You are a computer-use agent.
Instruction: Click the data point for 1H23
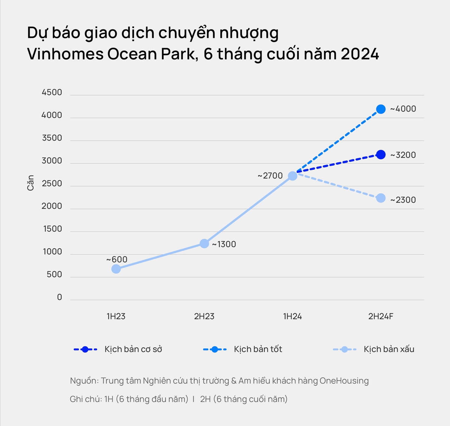tap(116, 269)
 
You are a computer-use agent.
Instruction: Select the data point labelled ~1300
tap(204, 244)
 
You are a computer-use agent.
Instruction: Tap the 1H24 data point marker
tap(292, 176)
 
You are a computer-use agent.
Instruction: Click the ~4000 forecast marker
tap(381, 109)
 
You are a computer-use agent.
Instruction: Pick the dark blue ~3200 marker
tap(381, 155)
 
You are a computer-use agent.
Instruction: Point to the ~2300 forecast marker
tap(381, 198)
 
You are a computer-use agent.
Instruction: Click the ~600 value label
tap(117, 260)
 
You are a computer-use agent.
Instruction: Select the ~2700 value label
tap(270, 176)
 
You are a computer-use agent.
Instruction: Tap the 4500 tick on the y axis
tap(52, 92)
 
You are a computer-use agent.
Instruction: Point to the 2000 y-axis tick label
tap(52, 206)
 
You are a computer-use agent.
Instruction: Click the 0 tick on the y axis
tap(59, 297)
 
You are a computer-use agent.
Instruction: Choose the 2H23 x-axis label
tap(204, 316)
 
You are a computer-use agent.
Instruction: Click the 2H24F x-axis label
tap(381, 316)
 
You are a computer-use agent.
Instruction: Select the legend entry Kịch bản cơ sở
tap(133, 349)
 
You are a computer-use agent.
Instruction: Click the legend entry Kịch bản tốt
tap(258, 349)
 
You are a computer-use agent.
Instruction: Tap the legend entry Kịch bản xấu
tap(389, 349)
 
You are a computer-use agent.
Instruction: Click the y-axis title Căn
tap(31, 183)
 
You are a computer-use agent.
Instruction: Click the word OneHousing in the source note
tap(344, 381)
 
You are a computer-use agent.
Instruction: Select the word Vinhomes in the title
tap(65, 54)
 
